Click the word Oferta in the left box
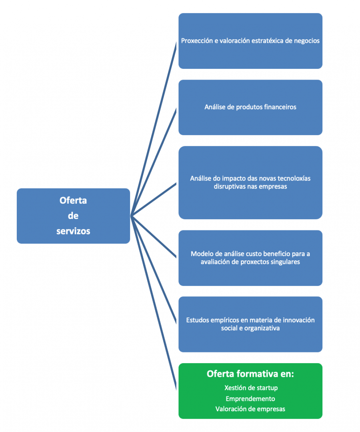73,200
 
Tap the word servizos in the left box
73,231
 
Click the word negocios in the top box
306,41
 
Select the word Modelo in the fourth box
202,254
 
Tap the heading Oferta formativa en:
250,374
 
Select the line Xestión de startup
250,388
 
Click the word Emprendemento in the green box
250,398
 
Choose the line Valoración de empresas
250,409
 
